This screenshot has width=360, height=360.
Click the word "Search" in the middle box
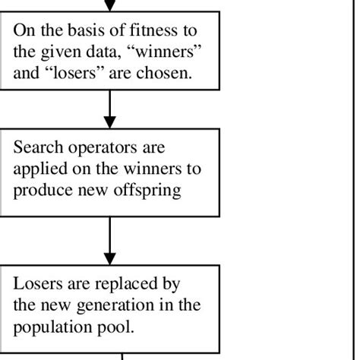pyautogui.click(x=38, y=146)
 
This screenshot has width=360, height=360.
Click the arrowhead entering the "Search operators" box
pyautogui.click(x=110, y=122)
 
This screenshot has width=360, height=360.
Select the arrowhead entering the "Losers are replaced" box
pyautogui.click(x=110, y=258)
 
